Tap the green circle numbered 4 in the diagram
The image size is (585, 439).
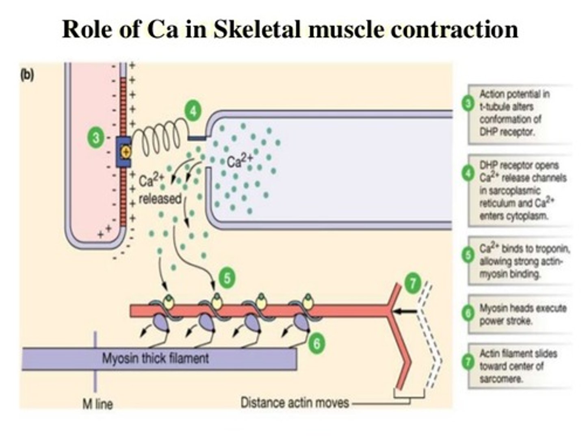click(193, 110)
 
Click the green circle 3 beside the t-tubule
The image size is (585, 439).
click(96, 138)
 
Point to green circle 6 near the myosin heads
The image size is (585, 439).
click(316, 343)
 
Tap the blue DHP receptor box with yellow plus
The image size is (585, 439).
click(124, 152)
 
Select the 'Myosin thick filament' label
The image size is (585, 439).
click(155, 359)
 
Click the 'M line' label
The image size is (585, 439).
click(97, 404)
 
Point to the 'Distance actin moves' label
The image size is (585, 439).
click(295, 402)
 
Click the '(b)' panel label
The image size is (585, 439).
click(28, 75)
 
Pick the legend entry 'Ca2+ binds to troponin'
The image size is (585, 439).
click(524, 261)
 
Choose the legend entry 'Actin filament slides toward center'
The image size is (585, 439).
click(518, 366)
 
